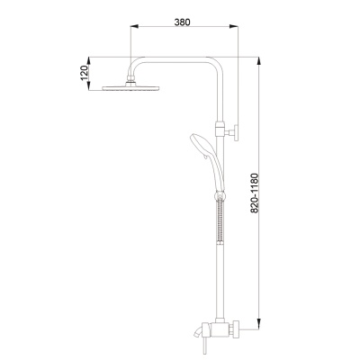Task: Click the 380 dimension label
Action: (x=183, y=22)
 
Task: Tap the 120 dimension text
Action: (x=85, y=72)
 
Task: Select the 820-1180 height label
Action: (x=255, y=193)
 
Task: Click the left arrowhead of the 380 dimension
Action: (x=134, y=27)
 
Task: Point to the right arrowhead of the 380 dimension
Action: (x=234, y=27)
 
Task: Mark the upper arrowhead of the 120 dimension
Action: (x=89, y=60)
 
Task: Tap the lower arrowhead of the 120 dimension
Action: (x=89, y=86)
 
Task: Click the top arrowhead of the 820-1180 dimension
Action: (x=259, y=61)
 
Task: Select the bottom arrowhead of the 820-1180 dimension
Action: (x=259, y=326)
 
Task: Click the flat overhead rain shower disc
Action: (x=130, y=87)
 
